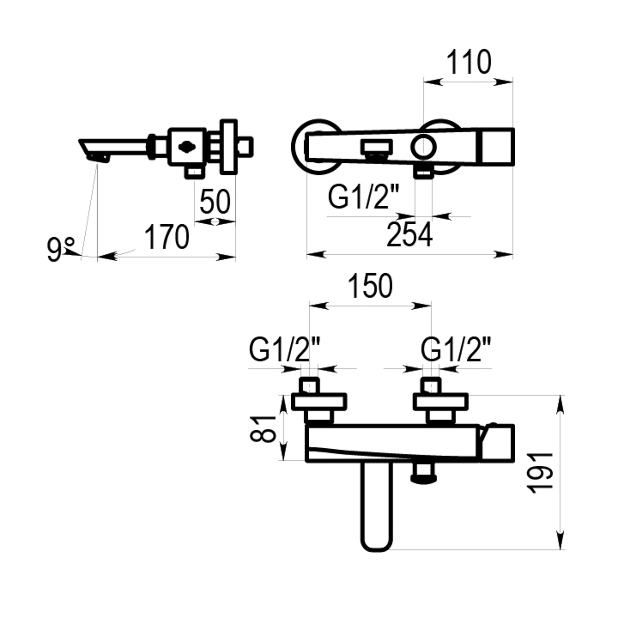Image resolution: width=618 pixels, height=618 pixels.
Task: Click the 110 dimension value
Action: [x=469, y=62]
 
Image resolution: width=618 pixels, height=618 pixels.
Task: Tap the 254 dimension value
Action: [x=409, y=235]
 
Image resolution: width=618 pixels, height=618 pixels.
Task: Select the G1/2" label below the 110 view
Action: [x=363, y=197]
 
